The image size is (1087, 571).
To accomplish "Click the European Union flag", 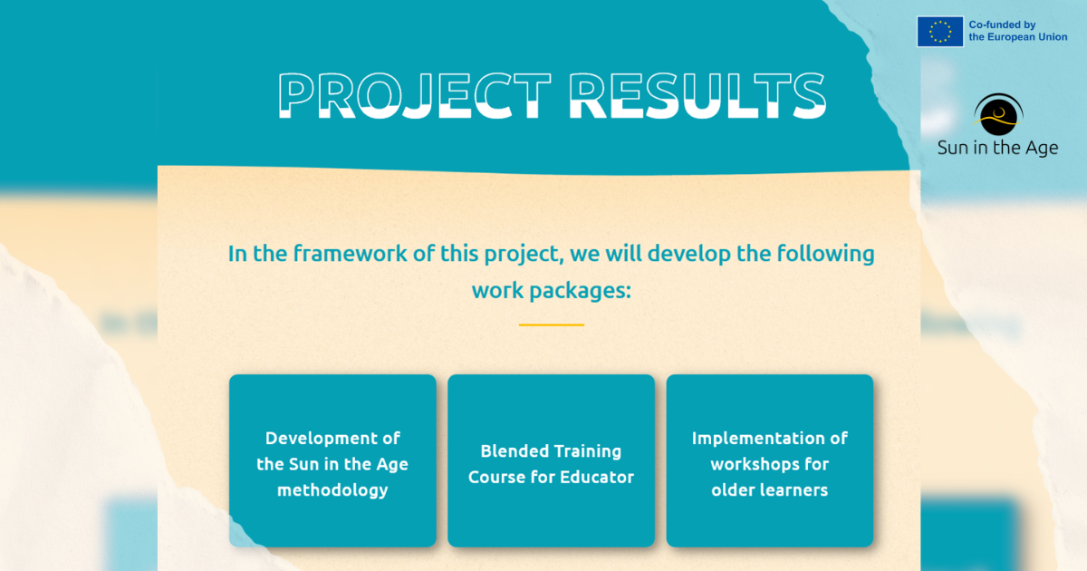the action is point(940,32).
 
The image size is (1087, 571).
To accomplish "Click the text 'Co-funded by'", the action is point(1002,24).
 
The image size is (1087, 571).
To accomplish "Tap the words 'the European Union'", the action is point(1018,37).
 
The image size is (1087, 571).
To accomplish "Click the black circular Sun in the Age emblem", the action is point(998,114).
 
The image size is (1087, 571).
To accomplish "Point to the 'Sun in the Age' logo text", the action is point(997,148).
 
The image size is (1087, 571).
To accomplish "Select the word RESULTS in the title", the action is point(697,96).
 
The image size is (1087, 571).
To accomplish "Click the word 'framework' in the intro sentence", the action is point(350,254).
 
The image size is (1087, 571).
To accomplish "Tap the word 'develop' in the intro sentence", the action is point(689,255).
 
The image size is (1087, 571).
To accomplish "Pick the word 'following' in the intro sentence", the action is point(825,255).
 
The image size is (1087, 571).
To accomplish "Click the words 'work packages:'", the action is point(552,291).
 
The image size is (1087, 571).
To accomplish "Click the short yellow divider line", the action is point(552,324).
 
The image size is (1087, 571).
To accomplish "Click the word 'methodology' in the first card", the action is point(332,490).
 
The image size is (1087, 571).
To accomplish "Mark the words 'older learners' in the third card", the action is point(770,490).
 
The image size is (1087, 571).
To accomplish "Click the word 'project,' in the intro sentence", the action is point(524,255).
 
